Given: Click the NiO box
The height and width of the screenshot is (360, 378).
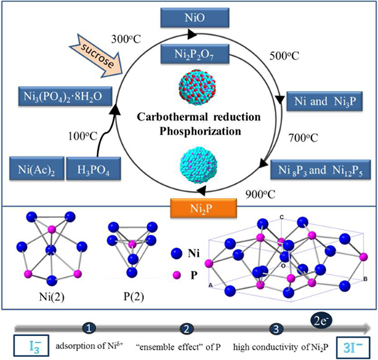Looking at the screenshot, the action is coord(195,17).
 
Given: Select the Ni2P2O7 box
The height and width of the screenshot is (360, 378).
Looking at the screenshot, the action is coord(195,54).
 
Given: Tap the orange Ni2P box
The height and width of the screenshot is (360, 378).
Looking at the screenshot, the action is coord(204,208).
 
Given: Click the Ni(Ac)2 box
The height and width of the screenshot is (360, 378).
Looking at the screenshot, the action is coord(37,169).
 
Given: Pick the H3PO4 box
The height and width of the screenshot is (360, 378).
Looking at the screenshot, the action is coord(94,169).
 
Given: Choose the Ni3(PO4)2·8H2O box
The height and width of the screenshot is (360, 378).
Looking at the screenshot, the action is coord(65,97).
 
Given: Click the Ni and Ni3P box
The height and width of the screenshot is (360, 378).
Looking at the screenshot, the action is coord(325,101).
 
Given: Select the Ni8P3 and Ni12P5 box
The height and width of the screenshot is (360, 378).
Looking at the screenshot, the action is coord(321,169).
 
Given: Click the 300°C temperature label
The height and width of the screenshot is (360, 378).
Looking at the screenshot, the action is coord(126,39).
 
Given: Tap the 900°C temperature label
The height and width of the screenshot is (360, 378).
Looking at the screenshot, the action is coord(260,194).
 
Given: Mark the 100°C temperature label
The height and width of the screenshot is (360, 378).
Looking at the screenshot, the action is coord(83,136).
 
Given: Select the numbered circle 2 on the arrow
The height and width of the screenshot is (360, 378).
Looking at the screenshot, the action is coord(187,329).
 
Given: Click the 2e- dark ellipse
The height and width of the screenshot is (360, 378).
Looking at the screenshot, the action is coord(321,321).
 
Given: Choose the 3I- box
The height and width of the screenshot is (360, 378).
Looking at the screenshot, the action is coord(353,348).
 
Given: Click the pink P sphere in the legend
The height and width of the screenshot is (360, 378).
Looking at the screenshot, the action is coord(177,275).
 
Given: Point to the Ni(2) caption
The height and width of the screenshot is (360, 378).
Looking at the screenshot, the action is coord(52,297).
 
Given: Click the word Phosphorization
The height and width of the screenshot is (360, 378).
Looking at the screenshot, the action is coord(200,132).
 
